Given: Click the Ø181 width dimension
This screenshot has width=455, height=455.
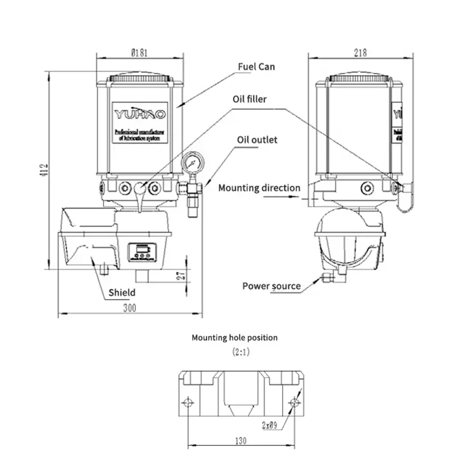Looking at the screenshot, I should click(140, 53).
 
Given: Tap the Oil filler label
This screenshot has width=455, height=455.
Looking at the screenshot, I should click(249, 99).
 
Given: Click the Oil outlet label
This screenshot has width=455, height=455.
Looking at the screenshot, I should click(257, 139).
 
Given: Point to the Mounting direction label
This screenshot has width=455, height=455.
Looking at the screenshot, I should click(259, 188).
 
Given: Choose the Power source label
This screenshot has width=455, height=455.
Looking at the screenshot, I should click(271, 286).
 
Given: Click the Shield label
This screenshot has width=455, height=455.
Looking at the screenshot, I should click(122, 293).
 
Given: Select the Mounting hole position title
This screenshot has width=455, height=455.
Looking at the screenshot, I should click(234, 337).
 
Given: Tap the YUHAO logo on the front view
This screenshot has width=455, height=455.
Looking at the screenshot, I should click(140, 114).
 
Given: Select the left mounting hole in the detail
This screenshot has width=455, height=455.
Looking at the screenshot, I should click(188, 403).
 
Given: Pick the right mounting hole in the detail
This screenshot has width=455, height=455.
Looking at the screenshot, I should click(293, 403).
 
